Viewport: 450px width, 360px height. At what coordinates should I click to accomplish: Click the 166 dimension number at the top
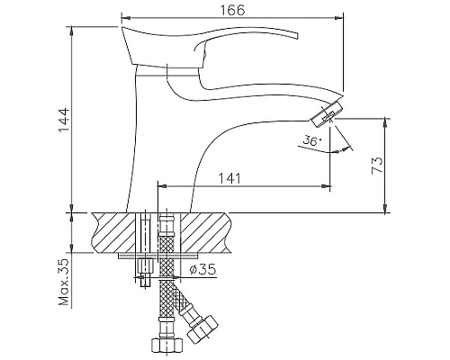(232, 10)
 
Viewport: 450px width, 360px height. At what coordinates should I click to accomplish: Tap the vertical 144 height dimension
(64, 120)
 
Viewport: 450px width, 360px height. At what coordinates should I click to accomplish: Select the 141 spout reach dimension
(229, 178)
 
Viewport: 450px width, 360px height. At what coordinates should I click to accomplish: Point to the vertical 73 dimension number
(377, 165)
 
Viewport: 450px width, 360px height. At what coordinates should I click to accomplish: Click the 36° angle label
(312, 140)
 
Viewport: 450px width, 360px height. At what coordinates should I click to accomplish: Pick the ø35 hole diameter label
(202, 269)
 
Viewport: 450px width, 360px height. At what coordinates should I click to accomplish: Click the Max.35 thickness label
(64, 282)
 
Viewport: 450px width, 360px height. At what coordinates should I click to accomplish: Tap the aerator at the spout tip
(328, 114)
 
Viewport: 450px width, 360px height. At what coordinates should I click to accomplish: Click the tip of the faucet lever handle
(297, 35)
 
